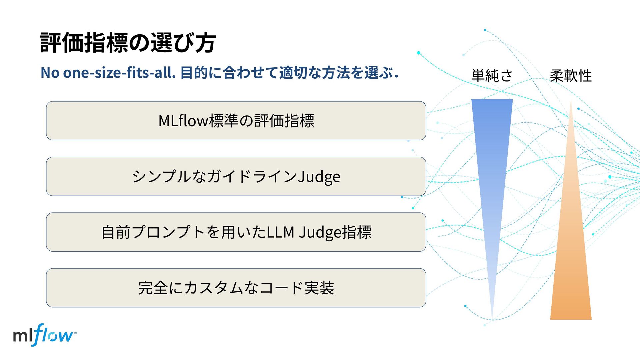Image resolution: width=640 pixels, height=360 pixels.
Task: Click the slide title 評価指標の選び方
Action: click(x=128, y=43)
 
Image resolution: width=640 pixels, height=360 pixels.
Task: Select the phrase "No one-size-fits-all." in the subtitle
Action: click(x=108, y=73)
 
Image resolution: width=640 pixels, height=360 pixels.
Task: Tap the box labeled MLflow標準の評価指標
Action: click(x=236, y=121)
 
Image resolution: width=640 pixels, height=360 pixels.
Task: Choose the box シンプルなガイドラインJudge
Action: click(x=236, y=176)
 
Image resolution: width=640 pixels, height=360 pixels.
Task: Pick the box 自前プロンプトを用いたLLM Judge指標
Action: click(x=236, y=232)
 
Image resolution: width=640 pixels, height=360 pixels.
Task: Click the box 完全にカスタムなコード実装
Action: click(x=236, y=288)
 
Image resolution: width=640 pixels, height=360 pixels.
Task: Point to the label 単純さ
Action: click(x=492, y=76)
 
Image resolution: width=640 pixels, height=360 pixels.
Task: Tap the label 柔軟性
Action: click(x=571, y=76)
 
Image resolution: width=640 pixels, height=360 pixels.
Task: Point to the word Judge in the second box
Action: click(x=319, y=177)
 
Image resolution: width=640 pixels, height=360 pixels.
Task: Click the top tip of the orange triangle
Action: click(x=571, y=101)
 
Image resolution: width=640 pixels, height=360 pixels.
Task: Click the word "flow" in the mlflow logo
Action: click(x=53, y=335)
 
